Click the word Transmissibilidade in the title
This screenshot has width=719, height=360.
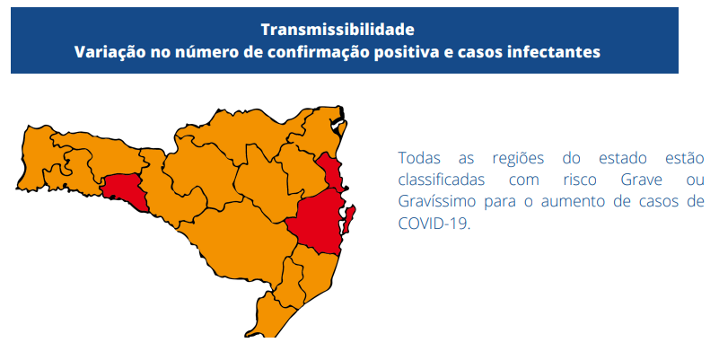(338, 30)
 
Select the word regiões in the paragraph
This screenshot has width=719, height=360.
(518, 159)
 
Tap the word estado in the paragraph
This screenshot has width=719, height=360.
(623, 158)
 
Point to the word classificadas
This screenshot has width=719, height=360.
(441, 180)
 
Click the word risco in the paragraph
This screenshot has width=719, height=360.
(580, 180)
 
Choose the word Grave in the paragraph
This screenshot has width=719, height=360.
(642, 180)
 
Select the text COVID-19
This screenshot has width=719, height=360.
(434, 224)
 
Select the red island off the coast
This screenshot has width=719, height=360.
(349, 219)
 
